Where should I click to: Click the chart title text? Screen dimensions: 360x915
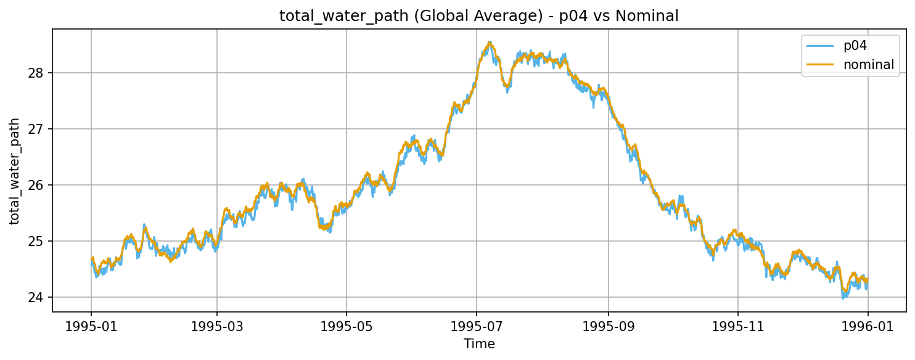[478, 16]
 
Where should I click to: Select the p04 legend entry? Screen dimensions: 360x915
[855, 45]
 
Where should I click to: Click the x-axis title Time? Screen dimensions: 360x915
[479, 344]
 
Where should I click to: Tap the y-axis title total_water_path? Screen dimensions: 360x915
[14, 171]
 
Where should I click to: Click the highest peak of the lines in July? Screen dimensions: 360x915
[490, 43]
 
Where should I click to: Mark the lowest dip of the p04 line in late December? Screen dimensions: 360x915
[843, 298]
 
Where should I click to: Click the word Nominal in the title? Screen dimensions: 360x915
[651, 16]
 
